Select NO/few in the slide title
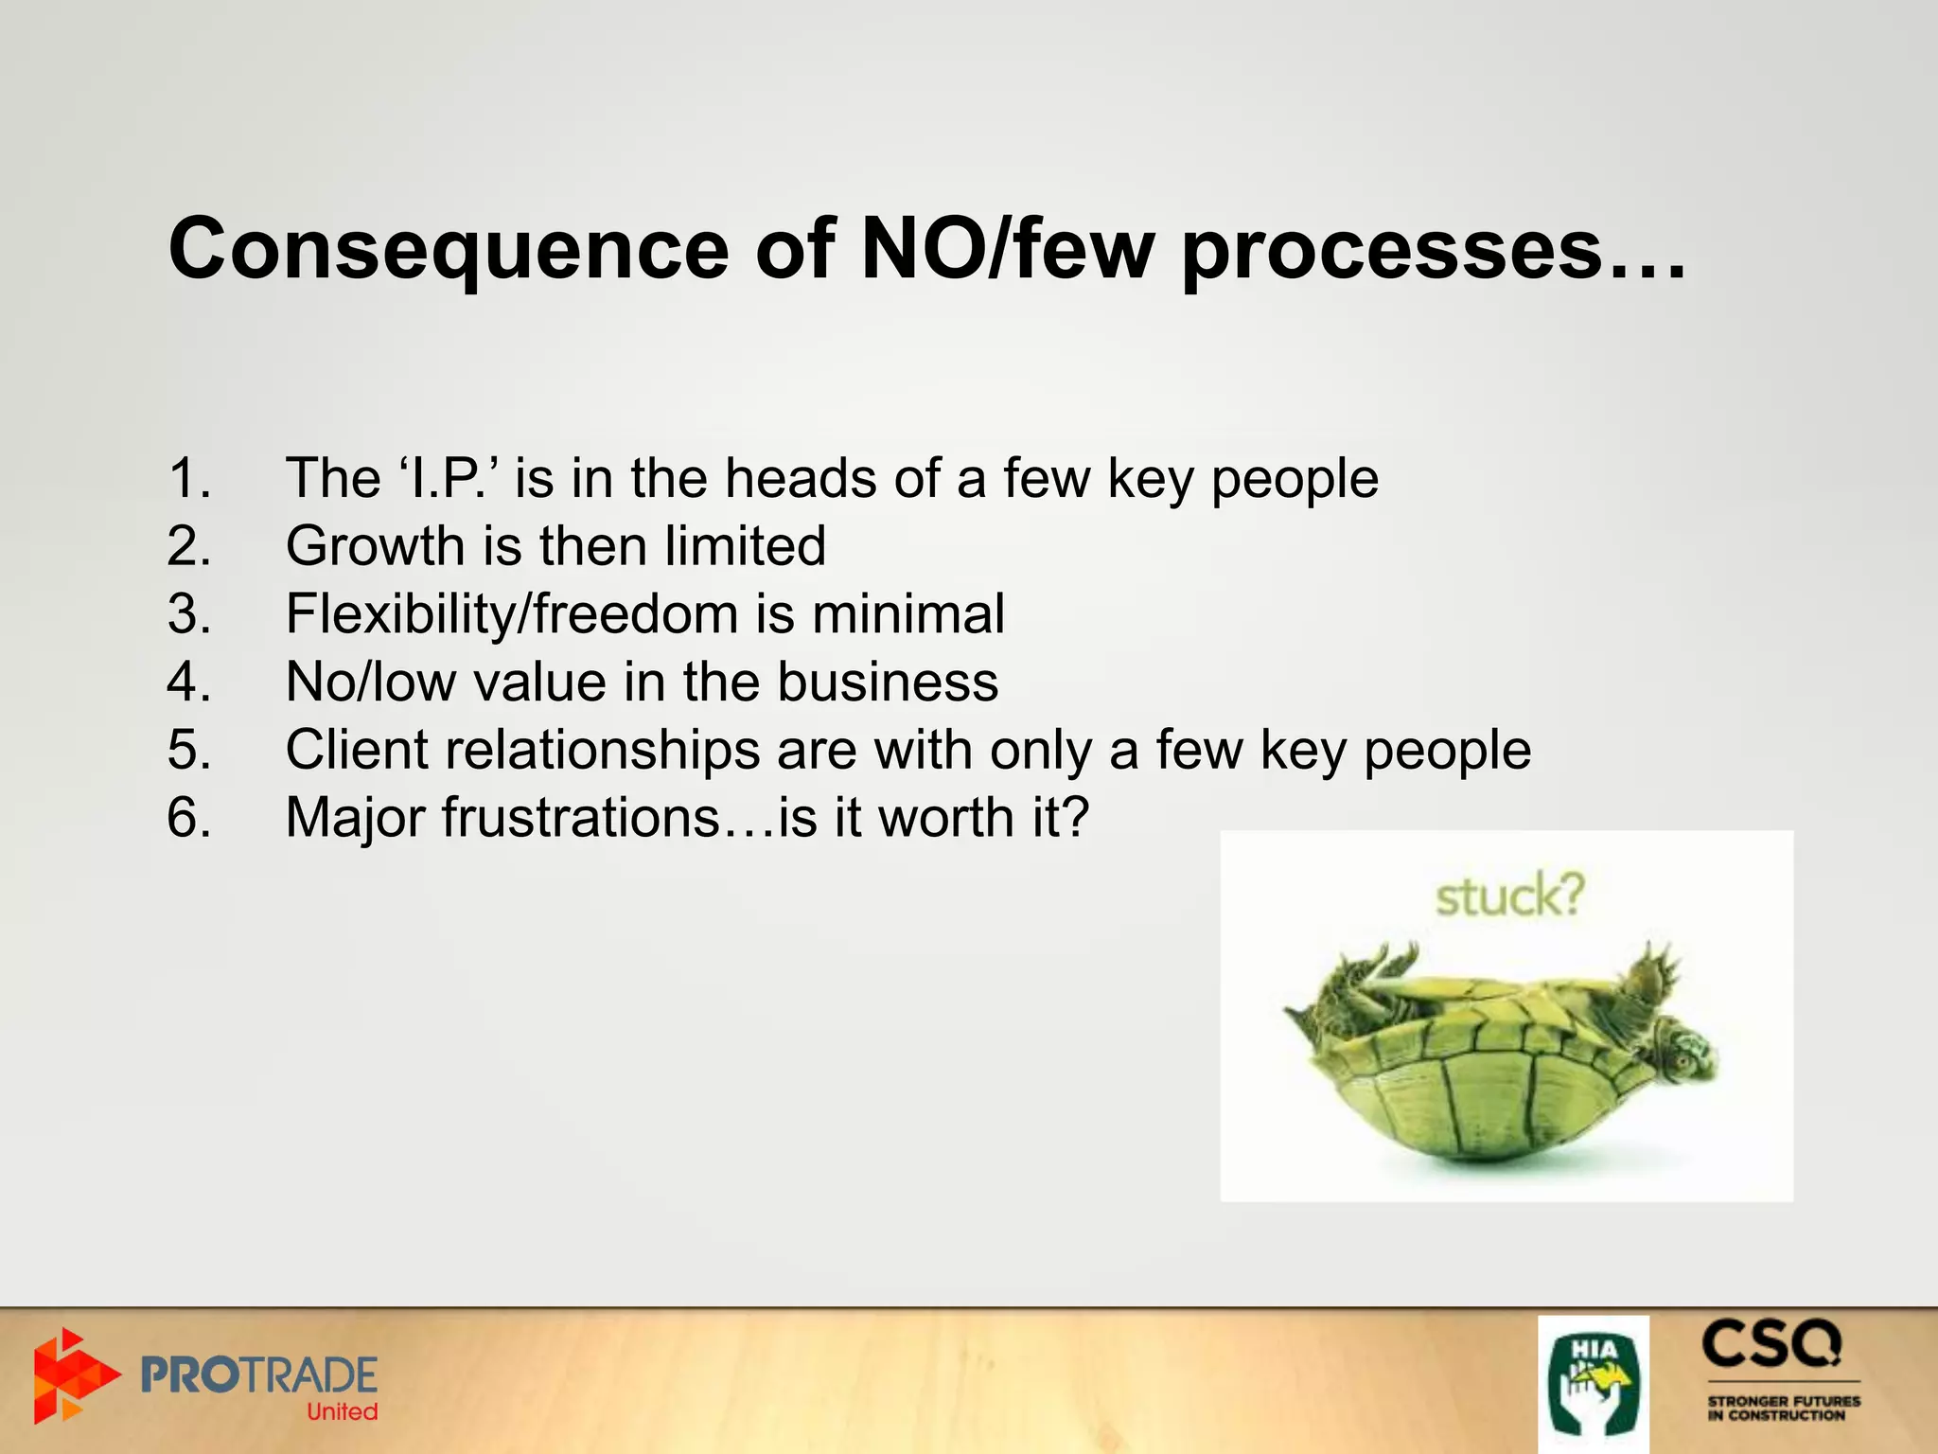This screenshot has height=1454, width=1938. tap(1008, 248)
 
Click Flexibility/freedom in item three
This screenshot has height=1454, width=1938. tap(511, 614)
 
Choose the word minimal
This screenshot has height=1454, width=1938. tap(907, 614)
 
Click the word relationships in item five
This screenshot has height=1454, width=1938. tap(602, 750)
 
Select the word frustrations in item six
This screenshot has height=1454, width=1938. tap(581, 817)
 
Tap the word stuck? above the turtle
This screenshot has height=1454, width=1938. tap(1509, 895)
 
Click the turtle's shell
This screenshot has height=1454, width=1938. tap(1476, 1089)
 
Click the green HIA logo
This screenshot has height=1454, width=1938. tap(1594, 1384)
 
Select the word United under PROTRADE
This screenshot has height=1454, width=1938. tap(342, 1411)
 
